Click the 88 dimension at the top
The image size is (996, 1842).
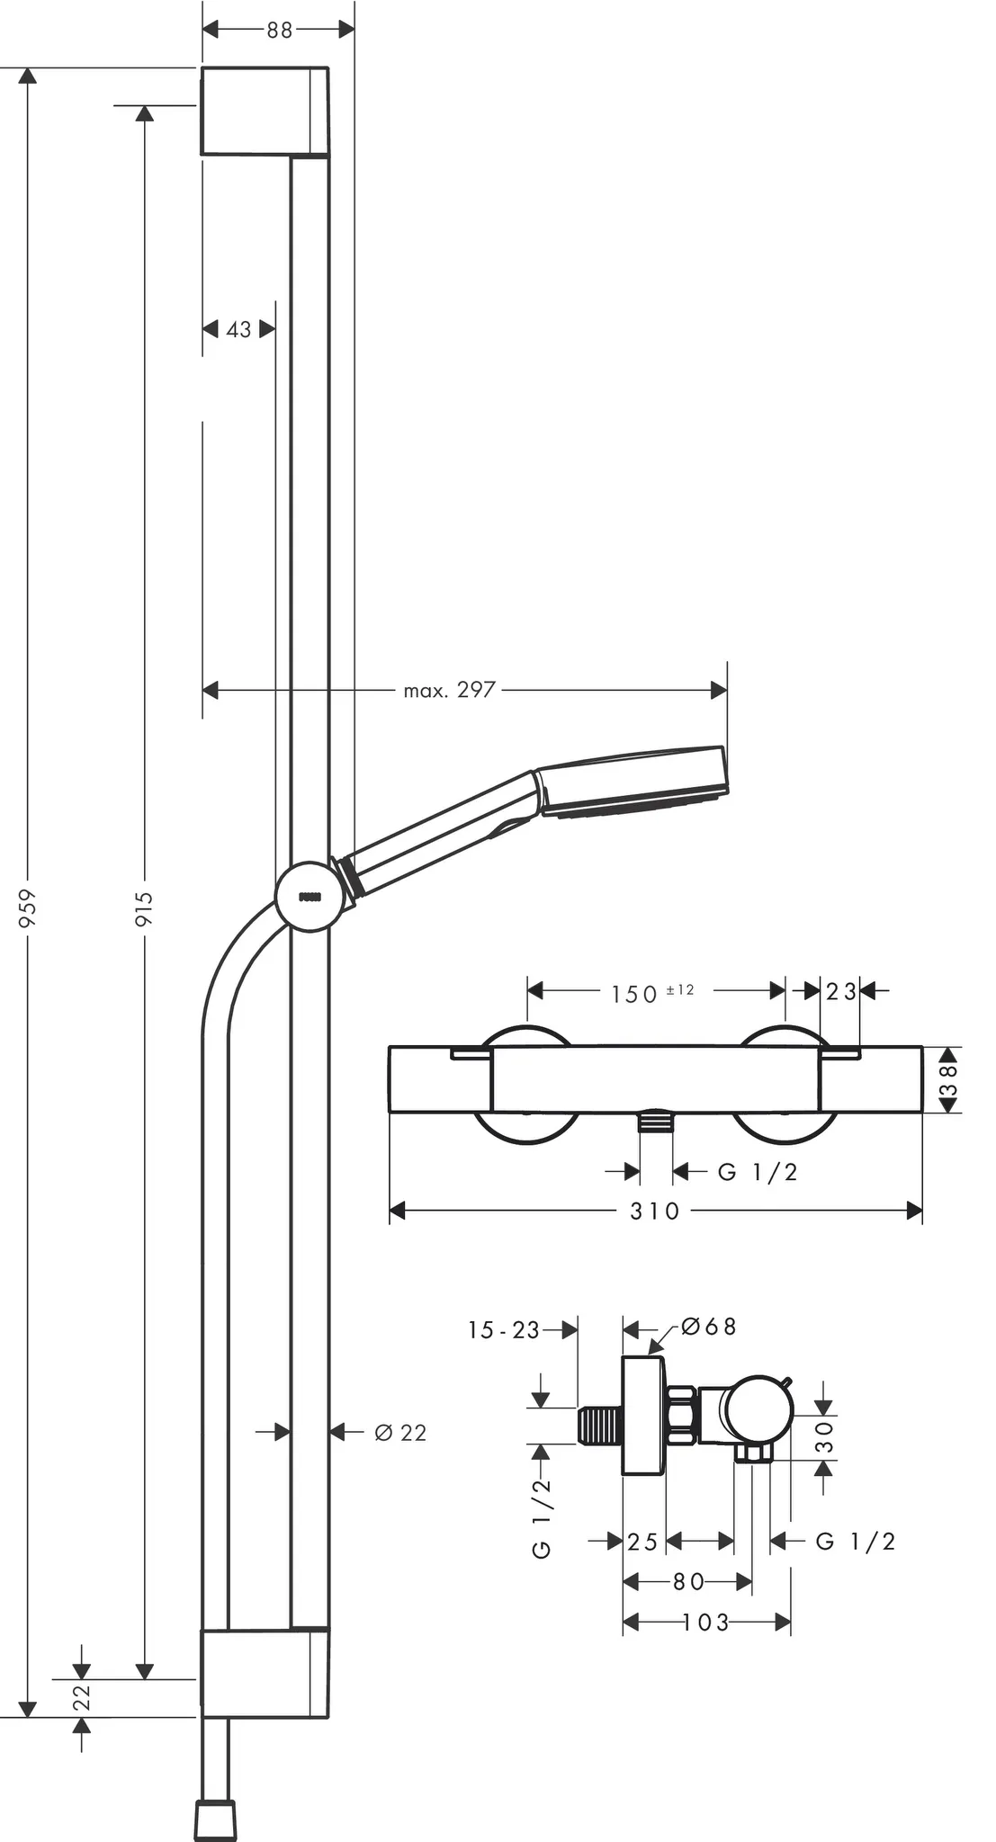click(279, 30)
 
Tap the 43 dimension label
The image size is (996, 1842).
click(238, 330)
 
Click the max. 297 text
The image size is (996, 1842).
click(449, 690)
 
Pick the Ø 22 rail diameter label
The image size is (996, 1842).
click(399, 1433)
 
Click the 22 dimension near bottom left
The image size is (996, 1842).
click(82, 1697)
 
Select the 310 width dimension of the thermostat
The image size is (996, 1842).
click(654, 1211)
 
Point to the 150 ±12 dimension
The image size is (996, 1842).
click(651, 993)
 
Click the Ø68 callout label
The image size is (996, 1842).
click(708, 1327)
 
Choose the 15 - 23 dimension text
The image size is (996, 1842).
click(503, 1330)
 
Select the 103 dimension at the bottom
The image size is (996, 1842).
click(705, 1622)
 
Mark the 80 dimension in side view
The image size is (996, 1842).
click(688, 1581)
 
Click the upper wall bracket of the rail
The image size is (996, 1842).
click(264, 111)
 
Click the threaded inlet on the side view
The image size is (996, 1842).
click(599, 1426)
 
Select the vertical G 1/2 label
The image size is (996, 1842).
click(542, 1518)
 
